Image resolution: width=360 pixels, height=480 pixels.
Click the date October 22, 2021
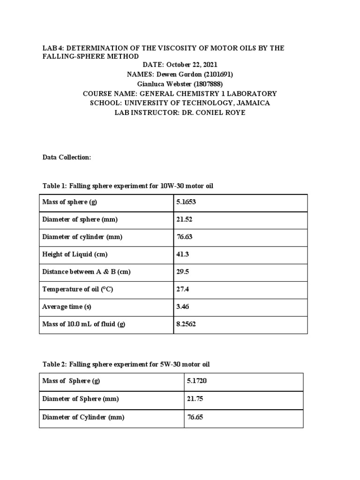(192, 65)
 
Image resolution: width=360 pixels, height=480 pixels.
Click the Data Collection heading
(67, 157)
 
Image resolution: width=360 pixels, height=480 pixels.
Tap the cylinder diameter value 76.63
(184, 237)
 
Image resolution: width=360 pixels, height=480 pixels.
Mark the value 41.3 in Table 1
(182, 255)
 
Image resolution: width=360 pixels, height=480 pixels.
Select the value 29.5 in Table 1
(182, 272)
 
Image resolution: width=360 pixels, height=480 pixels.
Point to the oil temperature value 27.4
(182, 289)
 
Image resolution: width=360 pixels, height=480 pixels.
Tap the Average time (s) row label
(66, 307)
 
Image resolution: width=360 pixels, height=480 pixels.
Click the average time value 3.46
(182, 307)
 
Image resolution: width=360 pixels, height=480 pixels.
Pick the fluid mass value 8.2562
(186, 324)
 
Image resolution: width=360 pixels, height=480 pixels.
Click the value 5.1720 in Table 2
(196, 381)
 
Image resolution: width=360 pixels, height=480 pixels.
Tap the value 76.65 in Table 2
(195, 417)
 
